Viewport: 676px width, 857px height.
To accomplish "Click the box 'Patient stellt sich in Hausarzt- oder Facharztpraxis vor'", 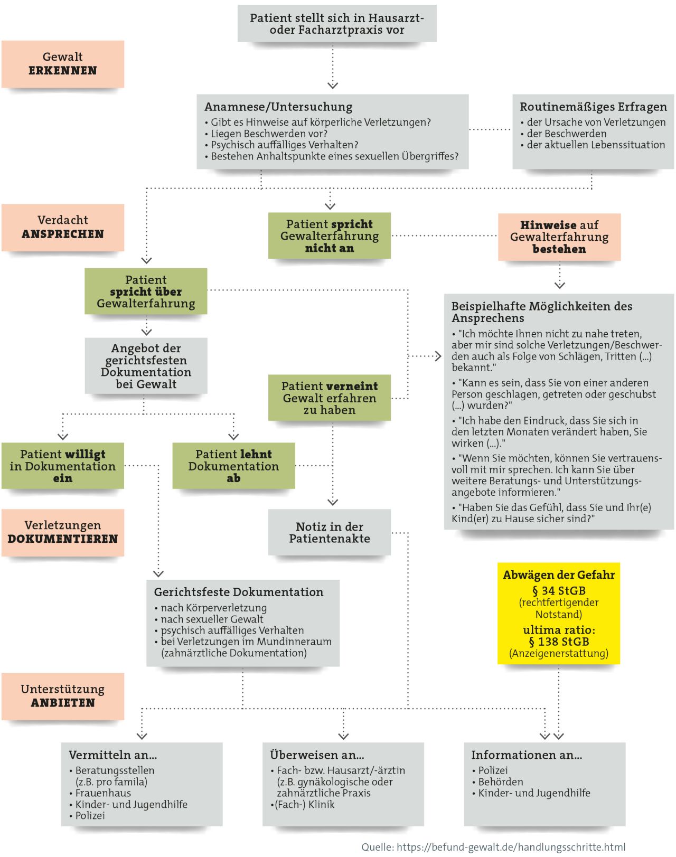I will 337,24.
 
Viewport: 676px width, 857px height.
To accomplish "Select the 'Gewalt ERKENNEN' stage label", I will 62,64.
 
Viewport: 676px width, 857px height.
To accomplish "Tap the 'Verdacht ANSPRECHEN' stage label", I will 62,227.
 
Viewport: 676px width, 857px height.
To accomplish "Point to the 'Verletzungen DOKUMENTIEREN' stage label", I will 62,532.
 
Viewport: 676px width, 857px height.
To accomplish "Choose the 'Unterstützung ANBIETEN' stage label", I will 62,696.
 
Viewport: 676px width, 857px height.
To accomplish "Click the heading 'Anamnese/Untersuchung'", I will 278,107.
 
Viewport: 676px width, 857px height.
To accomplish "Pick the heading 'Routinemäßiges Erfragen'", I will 593,107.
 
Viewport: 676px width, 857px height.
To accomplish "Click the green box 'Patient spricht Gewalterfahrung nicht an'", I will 330,236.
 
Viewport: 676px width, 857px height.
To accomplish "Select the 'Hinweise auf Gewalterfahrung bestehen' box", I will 559,237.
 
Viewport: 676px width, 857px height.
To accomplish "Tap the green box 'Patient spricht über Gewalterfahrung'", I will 146,291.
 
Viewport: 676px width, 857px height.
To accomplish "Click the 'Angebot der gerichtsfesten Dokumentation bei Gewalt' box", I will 146,366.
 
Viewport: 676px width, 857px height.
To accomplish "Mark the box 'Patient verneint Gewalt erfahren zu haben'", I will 330,398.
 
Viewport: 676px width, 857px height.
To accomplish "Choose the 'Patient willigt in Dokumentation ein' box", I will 62,466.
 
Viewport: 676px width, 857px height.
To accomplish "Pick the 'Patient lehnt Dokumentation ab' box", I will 233,466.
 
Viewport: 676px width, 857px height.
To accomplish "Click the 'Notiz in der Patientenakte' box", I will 330,532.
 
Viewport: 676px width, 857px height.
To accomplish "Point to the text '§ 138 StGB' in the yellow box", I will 559,642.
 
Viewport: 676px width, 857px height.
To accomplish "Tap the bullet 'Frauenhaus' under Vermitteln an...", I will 103,793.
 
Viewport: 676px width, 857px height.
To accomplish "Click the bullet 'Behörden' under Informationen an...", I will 501,782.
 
